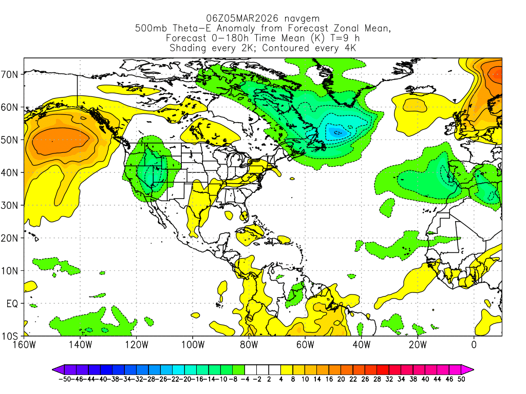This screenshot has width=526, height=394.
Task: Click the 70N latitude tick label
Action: [10, 74]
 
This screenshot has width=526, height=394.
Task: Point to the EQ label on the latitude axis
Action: [12, 304]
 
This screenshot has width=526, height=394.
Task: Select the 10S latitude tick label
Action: [10, 337]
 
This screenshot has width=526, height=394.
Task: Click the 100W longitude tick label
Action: [192, 345]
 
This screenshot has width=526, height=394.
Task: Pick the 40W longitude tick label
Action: [361, 345]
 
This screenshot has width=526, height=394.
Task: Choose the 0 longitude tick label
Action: [474, 345]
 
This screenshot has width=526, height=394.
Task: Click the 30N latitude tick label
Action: [10, 206]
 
